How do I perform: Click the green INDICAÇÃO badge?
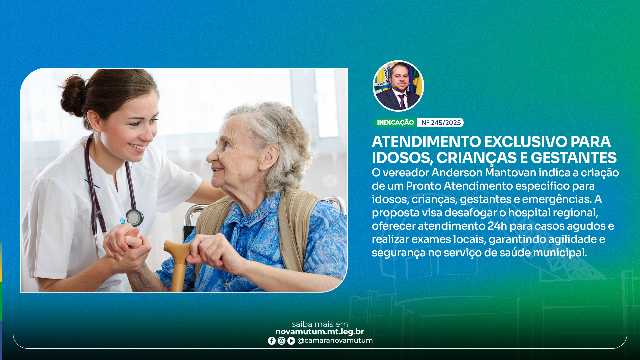pos(395,123)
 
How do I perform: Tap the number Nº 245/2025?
pos(441,123)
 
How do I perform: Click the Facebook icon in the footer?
pos(272,341)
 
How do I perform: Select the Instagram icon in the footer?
pos(281,341)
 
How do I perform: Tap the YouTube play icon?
pos(291,341)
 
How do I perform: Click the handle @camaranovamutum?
pos(335,341)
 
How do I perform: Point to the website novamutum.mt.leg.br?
pos(319,332)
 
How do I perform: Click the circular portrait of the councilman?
pos(398,86)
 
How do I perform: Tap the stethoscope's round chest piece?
pos(134,218)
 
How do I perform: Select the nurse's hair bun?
pos(73,96)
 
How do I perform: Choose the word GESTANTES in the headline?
pos(573,158)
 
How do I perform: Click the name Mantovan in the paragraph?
pos(510,173)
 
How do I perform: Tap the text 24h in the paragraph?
pos(497,226)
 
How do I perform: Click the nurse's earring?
pos(97,130)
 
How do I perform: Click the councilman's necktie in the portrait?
pos(402,101)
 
